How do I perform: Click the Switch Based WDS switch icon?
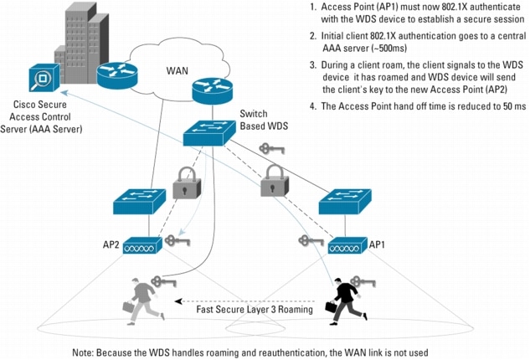pos(210,135)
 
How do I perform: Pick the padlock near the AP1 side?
pos(273,180)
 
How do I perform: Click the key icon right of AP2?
pos(178,240)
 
